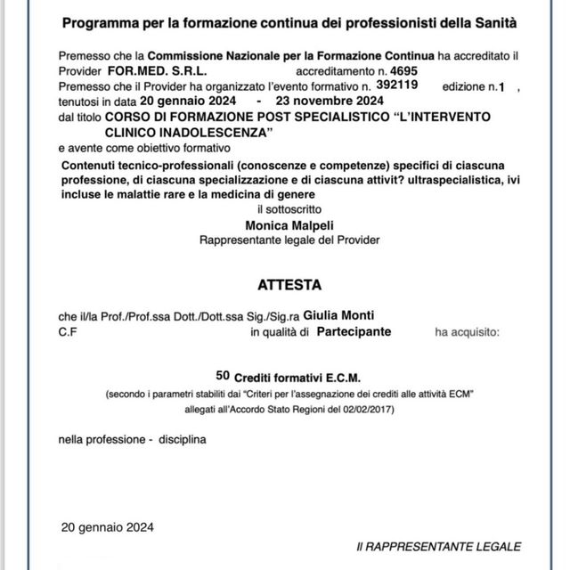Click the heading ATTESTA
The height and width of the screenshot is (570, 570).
click(285, 286)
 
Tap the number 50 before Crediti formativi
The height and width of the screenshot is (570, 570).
click(223, 376)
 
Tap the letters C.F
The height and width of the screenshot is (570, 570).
click(67, 332)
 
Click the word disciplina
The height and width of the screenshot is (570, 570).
click(183, 440)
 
